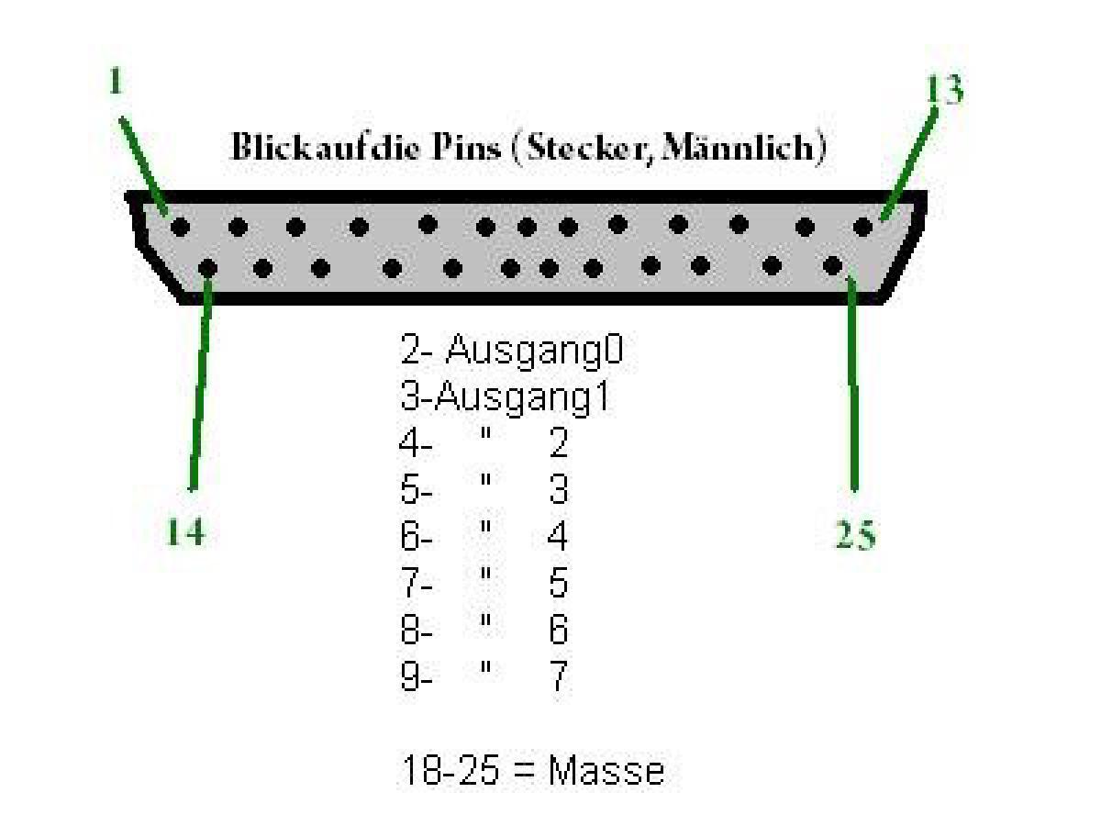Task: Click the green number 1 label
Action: point(115,82)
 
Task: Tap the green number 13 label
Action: point(943,91)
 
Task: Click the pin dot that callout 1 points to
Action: point(181,227)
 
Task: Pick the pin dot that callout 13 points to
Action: point(862,226)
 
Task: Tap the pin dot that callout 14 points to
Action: point(208,268)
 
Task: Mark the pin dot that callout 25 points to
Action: point(833,266)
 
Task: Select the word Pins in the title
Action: point(467,147)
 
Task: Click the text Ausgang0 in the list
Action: point(535,352)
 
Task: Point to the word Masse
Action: point(606,771)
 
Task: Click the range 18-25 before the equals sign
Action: point(450,771)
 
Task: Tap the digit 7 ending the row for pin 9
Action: point(558,677)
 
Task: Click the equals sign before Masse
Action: point(523,772)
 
